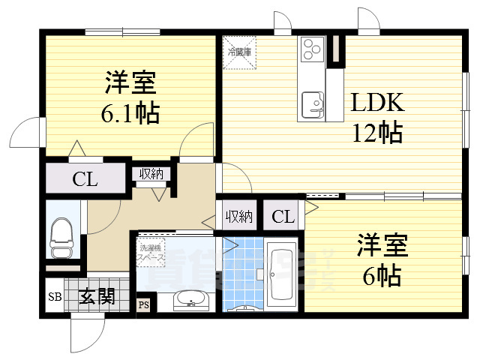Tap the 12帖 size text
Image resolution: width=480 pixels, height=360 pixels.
tap(379, 133)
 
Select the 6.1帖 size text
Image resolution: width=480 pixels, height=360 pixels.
tap(130, 112)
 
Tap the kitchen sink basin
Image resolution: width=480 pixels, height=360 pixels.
tap(311, 102)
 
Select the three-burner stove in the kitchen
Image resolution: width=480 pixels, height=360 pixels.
tap(311, 51)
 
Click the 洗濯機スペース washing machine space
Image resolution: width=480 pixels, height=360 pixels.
tap(151, 251)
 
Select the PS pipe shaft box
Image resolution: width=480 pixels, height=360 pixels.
tap(142, 305)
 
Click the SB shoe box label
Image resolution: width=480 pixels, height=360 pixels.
tap(54, 298)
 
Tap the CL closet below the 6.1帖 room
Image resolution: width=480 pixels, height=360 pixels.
tap(84, 179)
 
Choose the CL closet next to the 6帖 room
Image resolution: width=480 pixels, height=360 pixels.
tap(283, 217)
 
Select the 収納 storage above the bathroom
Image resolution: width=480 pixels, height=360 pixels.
tap(238, 217)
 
